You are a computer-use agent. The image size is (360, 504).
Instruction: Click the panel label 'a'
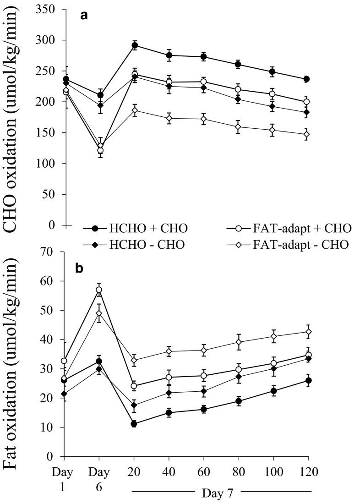pos(84,15)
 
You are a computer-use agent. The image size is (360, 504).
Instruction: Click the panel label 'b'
pos(79,268)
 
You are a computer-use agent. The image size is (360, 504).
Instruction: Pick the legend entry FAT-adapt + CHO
pos(289,227)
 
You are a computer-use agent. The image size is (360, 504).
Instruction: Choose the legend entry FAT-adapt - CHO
pos(289,244)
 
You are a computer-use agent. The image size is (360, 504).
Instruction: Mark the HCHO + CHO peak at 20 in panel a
pos(135,45)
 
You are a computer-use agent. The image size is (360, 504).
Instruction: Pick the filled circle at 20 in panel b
pos(134,424)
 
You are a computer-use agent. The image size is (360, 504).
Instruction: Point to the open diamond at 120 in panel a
pos(307,134)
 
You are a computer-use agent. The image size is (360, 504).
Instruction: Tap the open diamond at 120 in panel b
pos(308,331)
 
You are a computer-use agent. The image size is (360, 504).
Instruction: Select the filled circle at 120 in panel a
pos(307,79)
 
